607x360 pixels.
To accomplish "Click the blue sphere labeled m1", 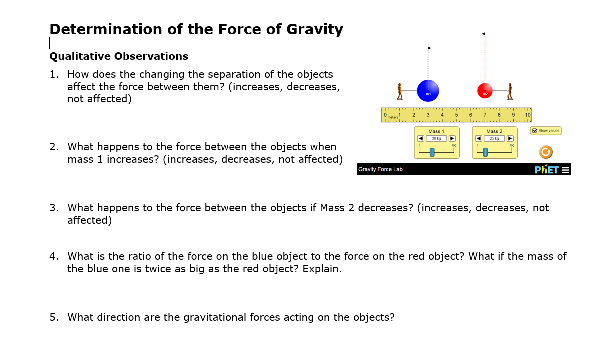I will tap(428, 91).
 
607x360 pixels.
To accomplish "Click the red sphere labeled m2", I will tap(484, 91).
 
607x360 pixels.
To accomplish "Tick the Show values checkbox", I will tap(535, 131).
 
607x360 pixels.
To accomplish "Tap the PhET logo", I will tap(546, 169).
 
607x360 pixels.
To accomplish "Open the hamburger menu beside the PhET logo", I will tap(566, 169).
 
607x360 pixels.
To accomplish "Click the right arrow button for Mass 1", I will tap(452, 138).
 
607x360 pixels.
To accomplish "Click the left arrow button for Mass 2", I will tap(479, 138).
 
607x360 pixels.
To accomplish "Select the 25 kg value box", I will tap(494, 138).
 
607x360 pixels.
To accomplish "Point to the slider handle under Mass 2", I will tap(484, 152).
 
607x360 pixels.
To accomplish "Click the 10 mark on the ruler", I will tap(528, 115).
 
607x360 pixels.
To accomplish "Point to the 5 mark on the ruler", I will tap(456, 115).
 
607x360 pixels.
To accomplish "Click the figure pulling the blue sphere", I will tap(399, 91).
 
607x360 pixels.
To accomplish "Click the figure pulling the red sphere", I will tap(510, 91).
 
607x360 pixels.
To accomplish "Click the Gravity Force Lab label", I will tap(380, 169).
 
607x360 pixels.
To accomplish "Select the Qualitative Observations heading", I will tap(119, 56).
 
